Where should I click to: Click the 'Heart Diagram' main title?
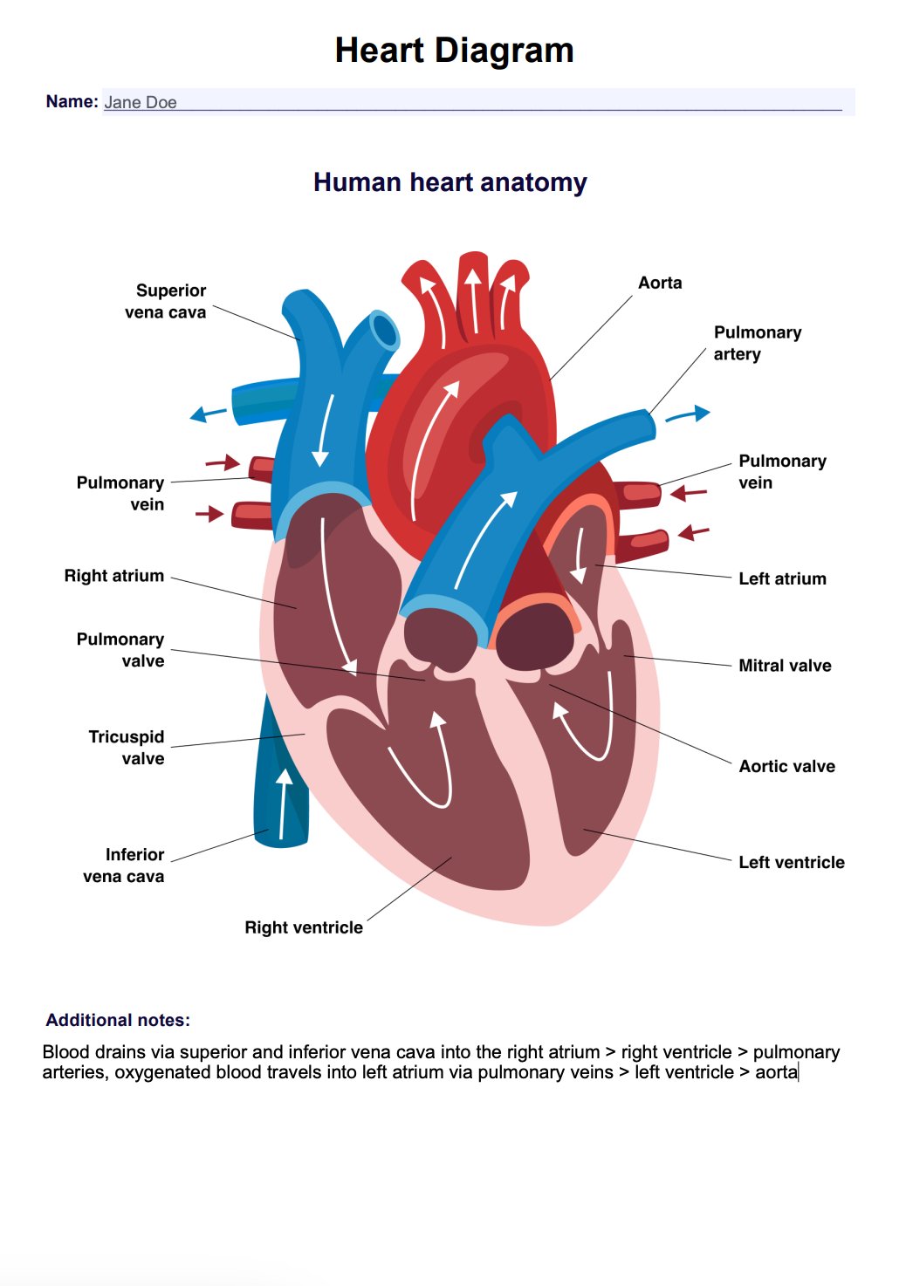click(x=454, y=51)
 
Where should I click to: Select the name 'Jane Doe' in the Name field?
click(x=141, y=102)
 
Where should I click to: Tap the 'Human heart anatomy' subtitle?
click(x=450, y=182)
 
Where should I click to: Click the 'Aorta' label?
click(x=660, y=283)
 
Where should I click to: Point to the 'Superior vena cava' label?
click(x=166, y=301)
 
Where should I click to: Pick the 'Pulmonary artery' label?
click(x=757, y=343)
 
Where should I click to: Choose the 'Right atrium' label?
click(x=114, y=576)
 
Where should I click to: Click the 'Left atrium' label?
click(x=782, y=578)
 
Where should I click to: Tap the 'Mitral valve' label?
click(x=785, y=666)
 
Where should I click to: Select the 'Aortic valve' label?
click(x=786, y=766)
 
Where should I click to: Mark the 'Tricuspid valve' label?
click(x=127, y=748)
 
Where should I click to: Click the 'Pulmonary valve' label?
click(x=120, y=650)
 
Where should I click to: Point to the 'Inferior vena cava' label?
click(x=124, y=865)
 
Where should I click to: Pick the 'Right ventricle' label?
click(x=304, y=927)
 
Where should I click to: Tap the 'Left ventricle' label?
click(x=791, y=862)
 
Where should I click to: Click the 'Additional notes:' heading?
click(x=118, y=1020)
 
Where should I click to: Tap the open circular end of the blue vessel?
click(x=383, y=331)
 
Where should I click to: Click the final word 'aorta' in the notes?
click(x=776, y=1072)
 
